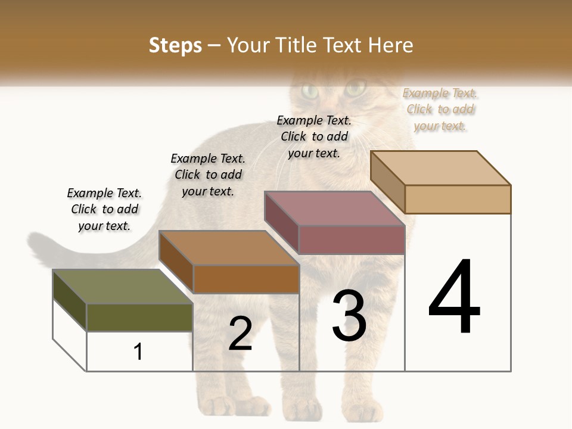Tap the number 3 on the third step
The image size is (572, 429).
[349, 316]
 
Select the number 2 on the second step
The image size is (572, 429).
[240, 334]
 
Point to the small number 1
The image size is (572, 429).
[138, 352]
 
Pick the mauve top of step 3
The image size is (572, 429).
[334, 209]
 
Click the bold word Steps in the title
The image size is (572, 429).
[175, 45]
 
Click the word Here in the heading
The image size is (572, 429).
[390, 45]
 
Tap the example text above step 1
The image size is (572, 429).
[104, 209]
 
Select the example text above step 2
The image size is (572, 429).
[208, 175]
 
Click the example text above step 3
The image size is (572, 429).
[314, 136]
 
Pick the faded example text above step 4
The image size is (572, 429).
[440, 109]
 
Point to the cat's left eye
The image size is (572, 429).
[310, 91]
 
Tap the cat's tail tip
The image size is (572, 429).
[36, 244]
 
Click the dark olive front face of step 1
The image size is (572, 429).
[139, 317]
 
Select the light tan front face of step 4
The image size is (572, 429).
[458, 199]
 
